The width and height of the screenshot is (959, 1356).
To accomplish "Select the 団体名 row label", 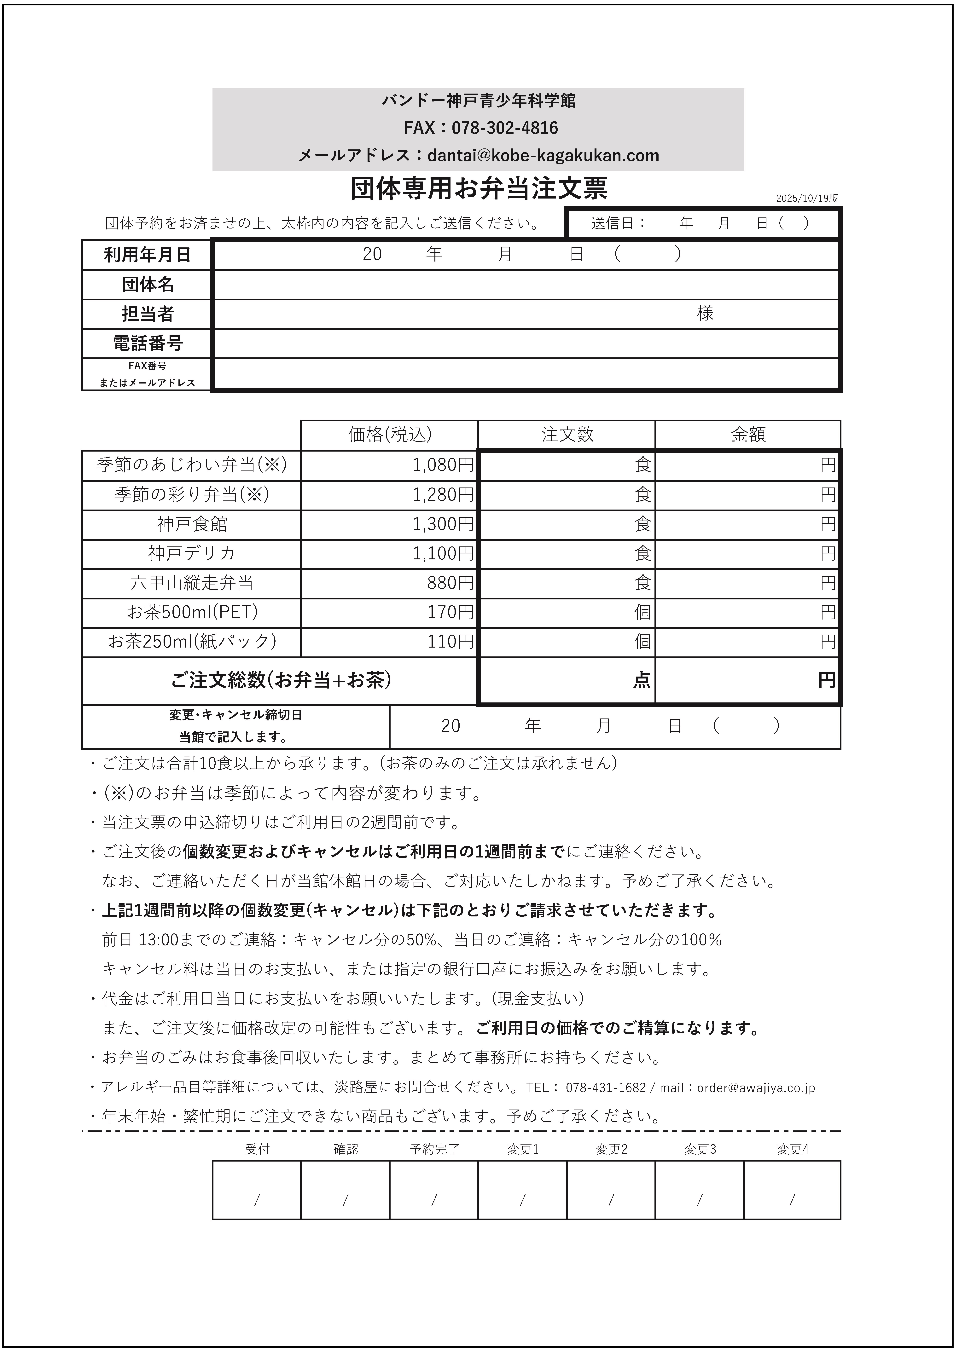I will click(x=147, y=285).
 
